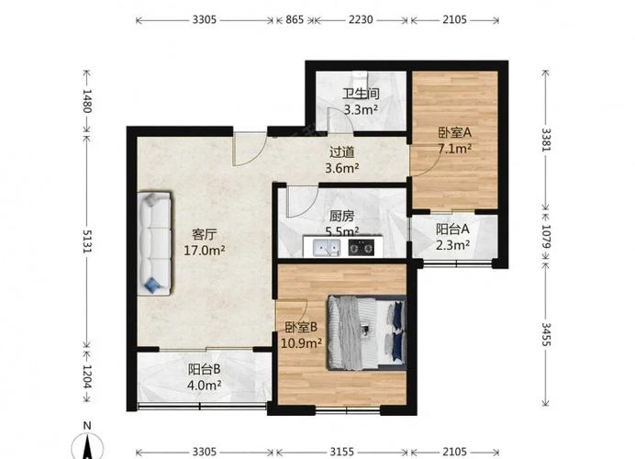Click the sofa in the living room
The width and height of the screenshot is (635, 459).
coord(155,243)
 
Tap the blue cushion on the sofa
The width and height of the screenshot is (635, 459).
coord(153,285)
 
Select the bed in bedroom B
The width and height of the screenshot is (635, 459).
coord(366,332)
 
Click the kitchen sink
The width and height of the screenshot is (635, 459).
coord(327,247)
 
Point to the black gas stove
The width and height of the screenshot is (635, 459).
coord(362,247)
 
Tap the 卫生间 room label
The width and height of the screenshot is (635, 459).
coord(361,94)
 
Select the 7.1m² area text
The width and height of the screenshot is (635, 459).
coord(455,149)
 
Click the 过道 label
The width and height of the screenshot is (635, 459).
coord(342,152)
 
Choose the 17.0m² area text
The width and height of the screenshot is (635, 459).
coord(205,251)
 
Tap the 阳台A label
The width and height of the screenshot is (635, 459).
coord(452,229)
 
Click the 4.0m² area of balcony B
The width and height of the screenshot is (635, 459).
coord(204,385)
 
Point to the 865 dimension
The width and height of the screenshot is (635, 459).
coord(295,19)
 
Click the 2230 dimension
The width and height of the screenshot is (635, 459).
coord(361,19)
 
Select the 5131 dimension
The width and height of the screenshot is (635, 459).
coord(87,241)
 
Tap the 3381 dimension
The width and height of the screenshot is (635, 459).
coord(546,140)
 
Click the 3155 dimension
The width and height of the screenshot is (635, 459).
coord(342,452)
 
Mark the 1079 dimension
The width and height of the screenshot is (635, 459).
coord(546,237)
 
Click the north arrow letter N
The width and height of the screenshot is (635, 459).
coord(87,425)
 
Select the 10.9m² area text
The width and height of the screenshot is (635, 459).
coord(302,343)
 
